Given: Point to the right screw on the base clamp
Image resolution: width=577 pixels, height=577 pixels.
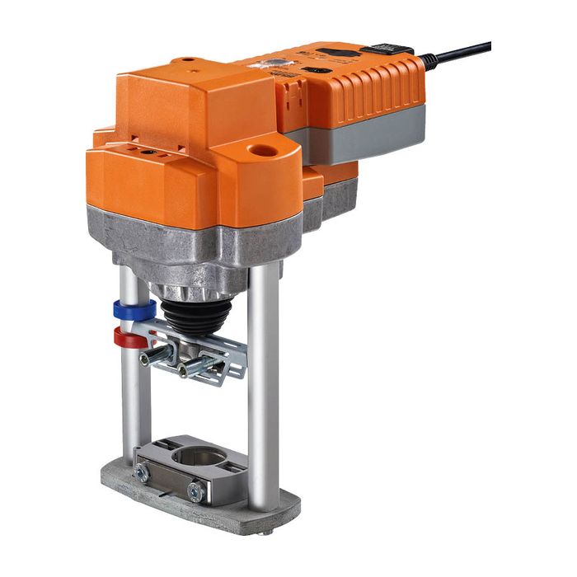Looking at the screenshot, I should (195, 493).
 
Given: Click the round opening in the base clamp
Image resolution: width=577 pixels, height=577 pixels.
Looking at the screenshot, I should (199, 455).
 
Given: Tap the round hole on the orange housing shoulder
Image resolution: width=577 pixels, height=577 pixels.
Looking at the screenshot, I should (265, 152).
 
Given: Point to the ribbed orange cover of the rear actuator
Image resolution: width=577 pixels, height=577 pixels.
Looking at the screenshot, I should (379, 91).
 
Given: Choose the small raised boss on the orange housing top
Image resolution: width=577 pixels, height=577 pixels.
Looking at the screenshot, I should (189, 61).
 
